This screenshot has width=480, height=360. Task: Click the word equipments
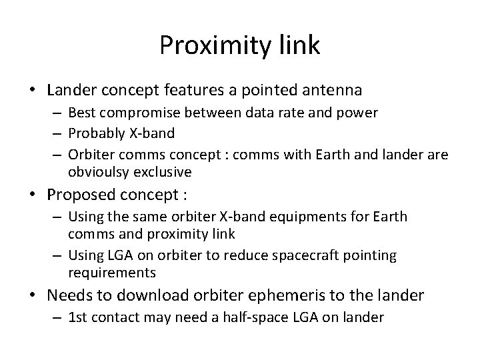(x=295, y=217)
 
